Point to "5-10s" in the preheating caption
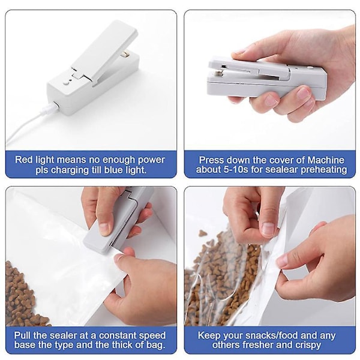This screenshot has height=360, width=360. tap(235, 170)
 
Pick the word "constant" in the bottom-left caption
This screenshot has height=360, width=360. tap(116, 335)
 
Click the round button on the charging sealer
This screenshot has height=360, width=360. tap(66, 84)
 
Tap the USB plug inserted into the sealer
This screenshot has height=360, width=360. tap(51, 107)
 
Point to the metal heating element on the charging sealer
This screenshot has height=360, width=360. tap(125, 54)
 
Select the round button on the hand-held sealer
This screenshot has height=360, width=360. tap(311, 68)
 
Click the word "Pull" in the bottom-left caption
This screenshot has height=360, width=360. tap(22, 335)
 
